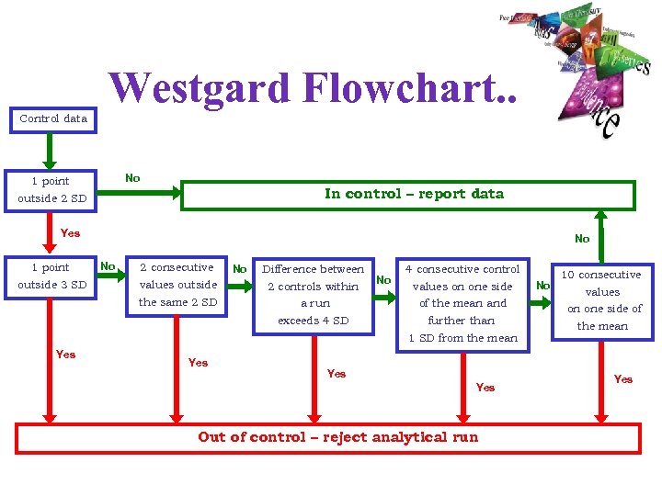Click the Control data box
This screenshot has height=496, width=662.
point(53,118)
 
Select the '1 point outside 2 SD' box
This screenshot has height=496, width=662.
point(51,189)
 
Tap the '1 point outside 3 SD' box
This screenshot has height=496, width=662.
point(51,276)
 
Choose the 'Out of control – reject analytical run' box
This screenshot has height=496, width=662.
point(337,437)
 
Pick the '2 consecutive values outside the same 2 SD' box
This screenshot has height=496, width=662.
point(177,285)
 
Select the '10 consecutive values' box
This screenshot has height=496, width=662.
point(601,300)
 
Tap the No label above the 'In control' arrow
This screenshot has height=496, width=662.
point(132,178)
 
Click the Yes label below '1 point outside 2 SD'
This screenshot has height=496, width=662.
point(70,233)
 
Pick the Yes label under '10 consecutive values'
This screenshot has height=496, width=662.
point(623,378)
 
